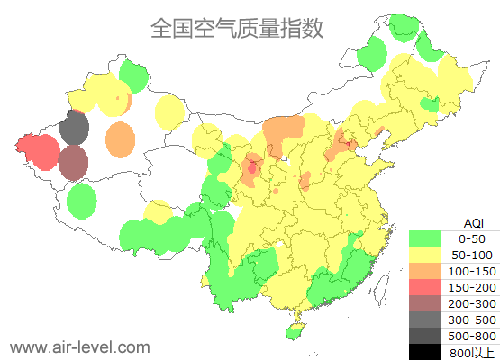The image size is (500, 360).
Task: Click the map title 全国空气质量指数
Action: pyautogui.click(x=237, y=29)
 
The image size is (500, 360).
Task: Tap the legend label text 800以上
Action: pyautogui.click(x=472, y=352)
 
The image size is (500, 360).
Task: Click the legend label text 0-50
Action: pyautogui.click(x=472, y=239)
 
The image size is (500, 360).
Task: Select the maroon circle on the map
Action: pyautogui.click(x=74, y=163)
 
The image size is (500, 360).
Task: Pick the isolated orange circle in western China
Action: pyautogui.click(x=120, y=139)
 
